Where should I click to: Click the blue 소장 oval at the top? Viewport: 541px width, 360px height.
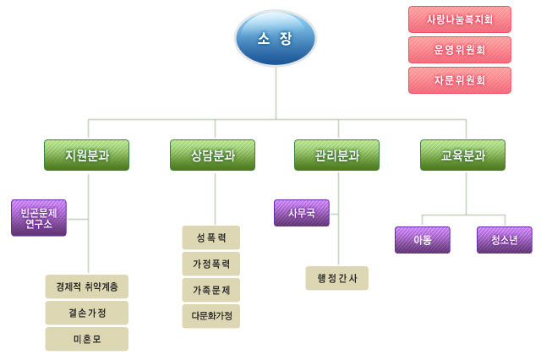coord(276,38)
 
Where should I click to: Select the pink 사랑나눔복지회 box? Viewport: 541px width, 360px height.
coord(460,19)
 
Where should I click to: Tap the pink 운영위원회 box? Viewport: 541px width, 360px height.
coord(460,50)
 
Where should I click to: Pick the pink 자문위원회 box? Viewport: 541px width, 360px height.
coord(460,80)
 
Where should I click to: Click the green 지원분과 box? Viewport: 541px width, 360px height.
coord(86,155)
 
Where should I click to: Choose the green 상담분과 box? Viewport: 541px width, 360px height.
coord(212,155)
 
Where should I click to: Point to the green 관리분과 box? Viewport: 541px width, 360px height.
coord(336,155)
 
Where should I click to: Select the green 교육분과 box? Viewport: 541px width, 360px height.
coord(462,155)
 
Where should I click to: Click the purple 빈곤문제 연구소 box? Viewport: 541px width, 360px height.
coord(39,218)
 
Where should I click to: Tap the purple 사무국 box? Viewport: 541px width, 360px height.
coord(302,213)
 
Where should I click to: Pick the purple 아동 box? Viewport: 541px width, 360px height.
coord(423,240)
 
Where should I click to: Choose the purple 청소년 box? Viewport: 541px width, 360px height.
coord(505,240)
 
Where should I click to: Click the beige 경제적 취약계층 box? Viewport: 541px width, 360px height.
coord(86,286)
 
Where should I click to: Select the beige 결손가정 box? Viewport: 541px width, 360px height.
coord(86,313)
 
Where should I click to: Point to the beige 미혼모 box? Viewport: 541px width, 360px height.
coord(86,339)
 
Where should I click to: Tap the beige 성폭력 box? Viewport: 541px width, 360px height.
coord(210,237)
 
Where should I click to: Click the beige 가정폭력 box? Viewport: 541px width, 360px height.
coord(210,264)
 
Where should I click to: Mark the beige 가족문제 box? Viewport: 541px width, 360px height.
coord(210,290)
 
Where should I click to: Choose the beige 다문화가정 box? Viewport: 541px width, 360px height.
coord(210,316)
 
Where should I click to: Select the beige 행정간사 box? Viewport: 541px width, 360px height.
coord(336,278)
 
